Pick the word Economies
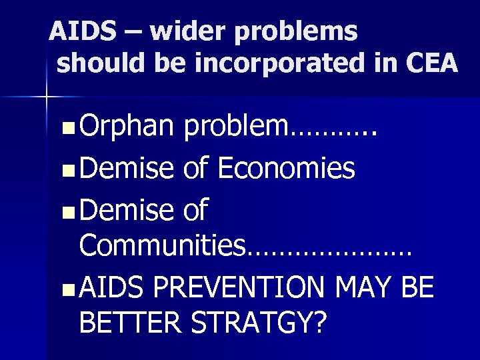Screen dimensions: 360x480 pos(287,170)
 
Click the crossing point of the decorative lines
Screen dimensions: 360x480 pos(47,98)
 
